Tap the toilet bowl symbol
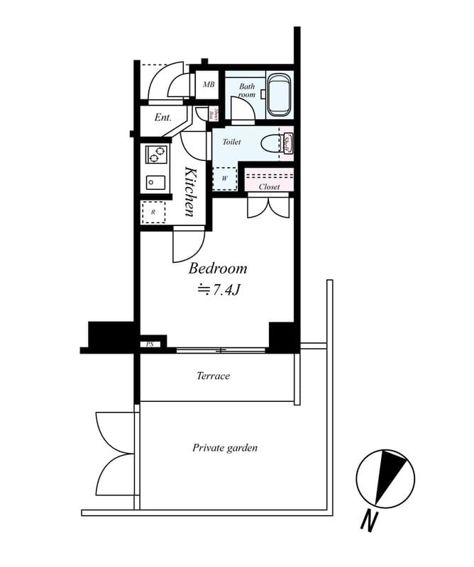click(270, 143)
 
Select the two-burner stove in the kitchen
click(156, 154)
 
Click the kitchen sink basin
click(156, 182)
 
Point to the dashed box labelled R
click(153, 211)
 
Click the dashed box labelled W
click(225, 178)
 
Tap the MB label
click(209, 85)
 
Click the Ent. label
click(162, 117)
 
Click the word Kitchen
click(191, 191)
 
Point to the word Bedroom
click(218, 269)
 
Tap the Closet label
click(269, 187)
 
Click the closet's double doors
click(268, 206)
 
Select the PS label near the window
click(150, 344)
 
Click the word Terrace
click(213, 376)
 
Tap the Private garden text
click(224, 448)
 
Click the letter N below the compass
click(368, 522)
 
